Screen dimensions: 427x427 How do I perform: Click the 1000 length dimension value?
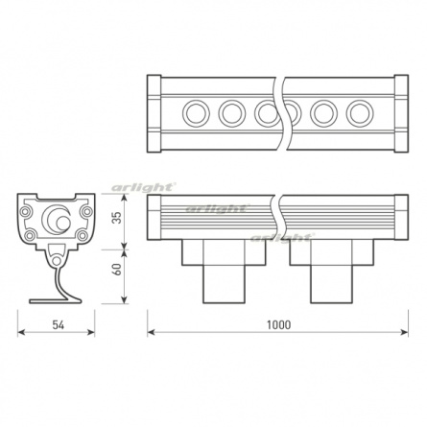[x=278, y=324]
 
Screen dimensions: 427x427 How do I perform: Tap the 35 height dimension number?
[x=117, y=218]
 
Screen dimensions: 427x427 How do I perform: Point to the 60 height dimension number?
[x=117, y=270]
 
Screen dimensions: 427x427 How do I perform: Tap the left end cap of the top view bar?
[x=154, y=114]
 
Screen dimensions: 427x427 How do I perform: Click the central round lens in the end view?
[x=59, y=220]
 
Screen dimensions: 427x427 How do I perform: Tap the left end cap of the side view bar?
[x=154, y=218]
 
